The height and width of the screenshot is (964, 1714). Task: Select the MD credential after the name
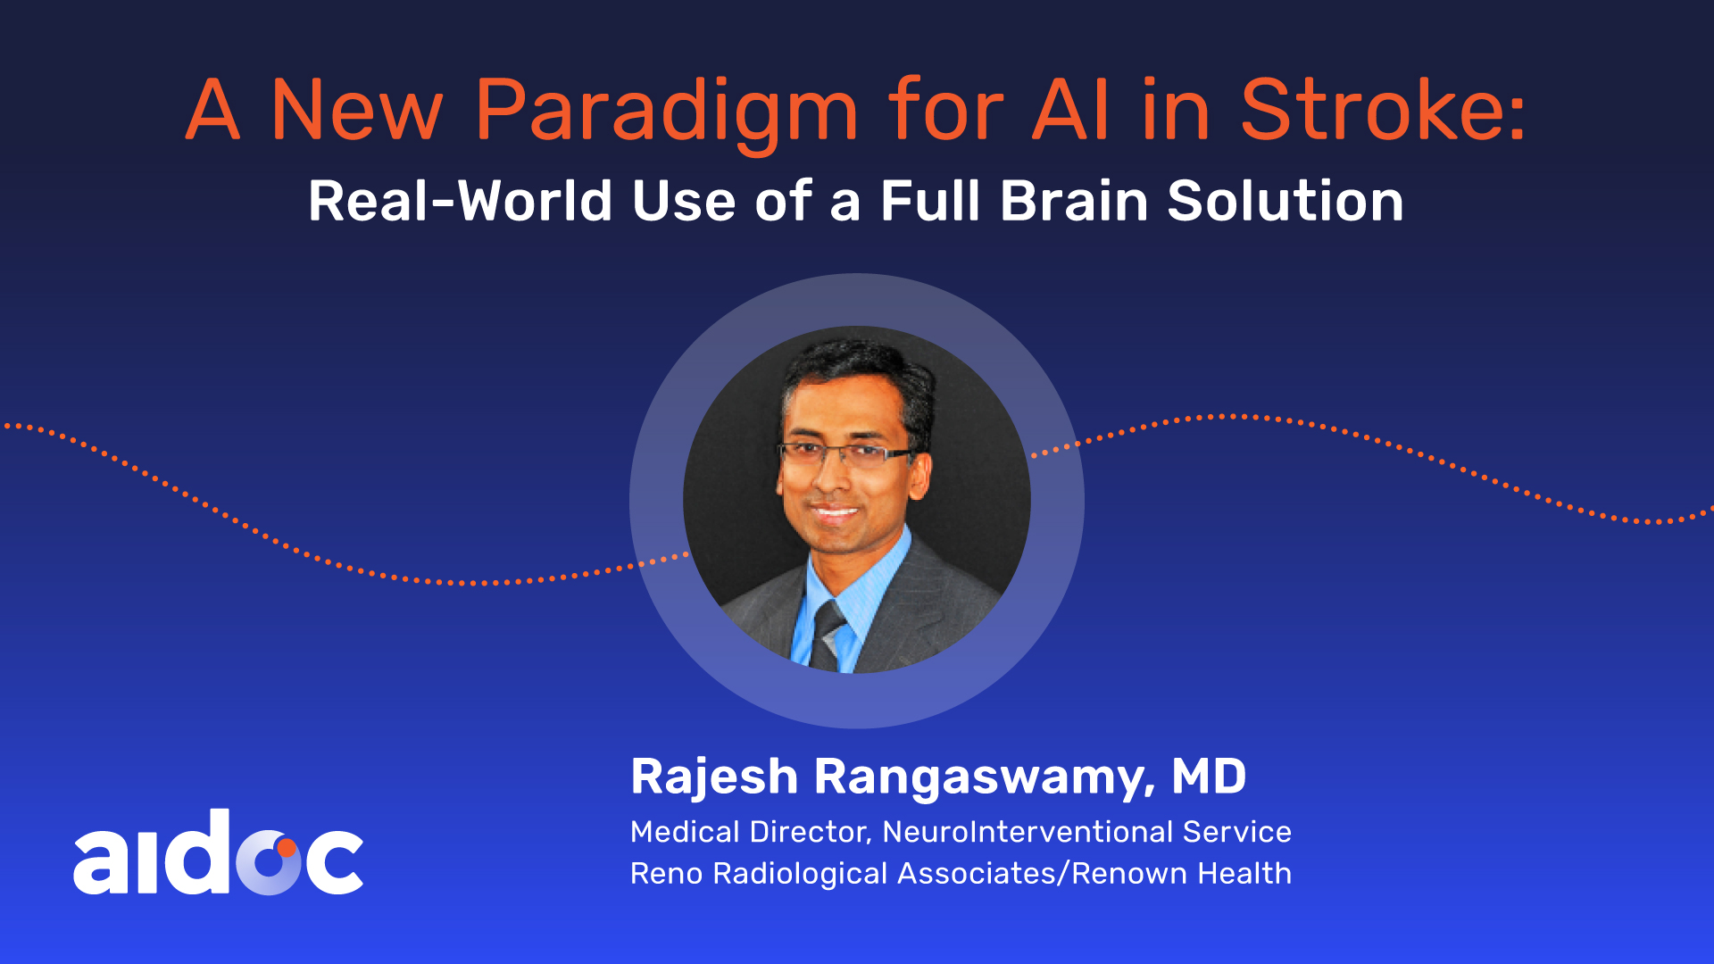coord(1209,776)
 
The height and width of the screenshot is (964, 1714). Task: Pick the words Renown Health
coord(1182,873)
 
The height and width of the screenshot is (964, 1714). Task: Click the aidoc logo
coord(218,852)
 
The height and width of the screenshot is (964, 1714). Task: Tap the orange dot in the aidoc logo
coord(286,848)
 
